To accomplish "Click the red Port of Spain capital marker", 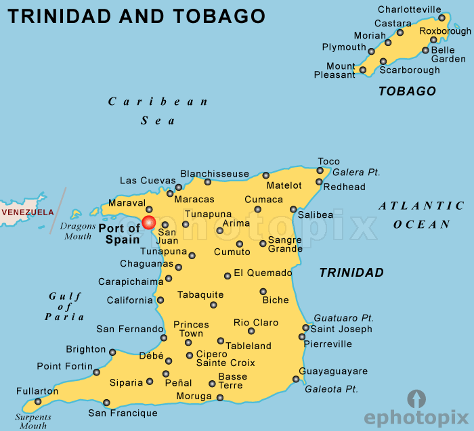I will point(148,223).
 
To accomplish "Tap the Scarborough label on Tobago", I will point(409,70).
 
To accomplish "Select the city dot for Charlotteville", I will point(442,18).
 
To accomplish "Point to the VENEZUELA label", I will point(27,212).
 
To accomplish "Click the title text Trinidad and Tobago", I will point(136,16).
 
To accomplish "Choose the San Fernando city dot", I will point(164,338).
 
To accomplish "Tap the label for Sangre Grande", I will point(285,244).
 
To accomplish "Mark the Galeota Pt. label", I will point(331,389).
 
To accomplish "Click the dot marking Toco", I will point(320,171).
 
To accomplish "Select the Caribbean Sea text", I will point(158,111).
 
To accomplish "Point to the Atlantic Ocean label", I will point(422,215).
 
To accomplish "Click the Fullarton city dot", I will point(38,401).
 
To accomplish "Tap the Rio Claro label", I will point(256,323).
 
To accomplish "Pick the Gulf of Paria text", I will point(65,307).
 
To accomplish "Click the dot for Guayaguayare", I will point(295,379).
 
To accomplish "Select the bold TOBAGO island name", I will point(407,91).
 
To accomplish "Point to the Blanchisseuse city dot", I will point(208,182).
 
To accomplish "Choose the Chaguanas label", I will point(143,263).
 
